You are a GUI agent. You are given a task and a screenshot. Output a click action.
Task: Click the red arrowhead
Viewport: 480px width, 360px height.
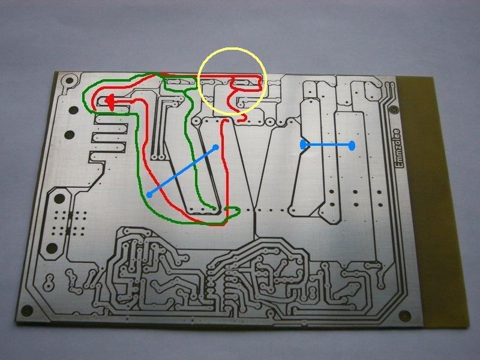110,103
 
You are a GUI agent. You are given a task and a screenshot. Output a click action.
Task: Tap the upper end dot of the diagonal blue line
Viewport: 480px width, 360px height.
216,146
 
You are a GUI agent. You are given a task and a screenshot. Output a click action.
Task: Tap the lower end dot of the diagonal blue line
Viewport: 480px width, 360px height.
149,194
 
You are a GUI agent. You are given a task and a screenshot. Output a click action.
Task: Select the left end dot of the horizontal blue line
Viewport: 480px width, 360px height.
304,144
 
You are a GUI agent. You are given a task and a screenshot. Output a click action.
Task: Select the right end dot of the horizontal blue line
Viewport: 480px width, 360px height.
352,145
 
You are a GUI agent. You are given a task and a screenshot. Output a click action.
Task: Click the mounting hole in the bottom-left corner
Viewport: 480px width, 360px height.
26,310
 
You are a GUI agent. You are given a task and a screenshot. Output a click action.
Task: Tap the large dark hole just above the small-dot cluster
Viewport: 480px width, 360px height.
60,199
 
